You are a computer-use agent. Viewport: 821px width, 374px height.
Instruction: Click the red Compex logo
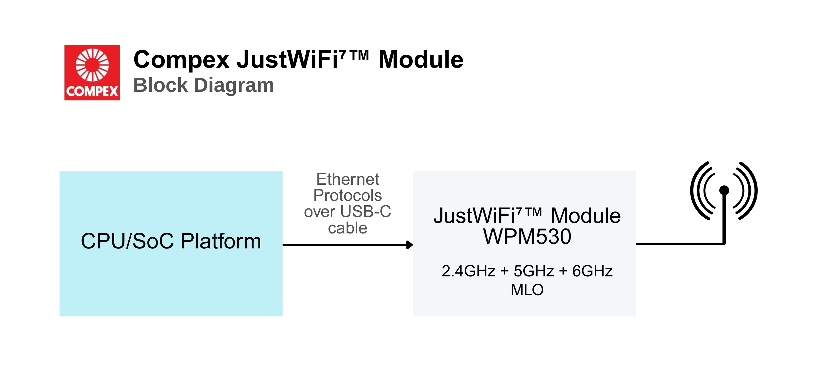[92, 73]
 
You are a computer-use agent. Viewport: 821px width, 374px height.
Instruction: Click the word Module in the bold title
[421, 60]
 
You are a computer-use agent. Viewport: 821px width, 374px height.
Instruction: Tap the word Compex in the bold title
[181, 60]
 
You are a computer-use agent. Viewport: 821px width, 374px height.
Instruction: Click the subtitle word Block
[160, 85]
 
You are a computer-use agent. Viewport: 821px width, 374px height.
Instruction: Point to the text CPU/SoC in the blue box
[127, 241]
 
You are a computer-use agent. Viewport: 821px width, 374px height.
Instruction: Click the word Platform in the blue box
[221, 241]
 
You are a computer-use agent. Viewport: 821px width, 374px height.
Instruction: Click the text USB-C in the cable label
[365, 212]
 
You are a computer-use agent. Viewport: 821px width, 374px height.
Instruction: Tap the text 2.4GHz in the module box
[468, 271]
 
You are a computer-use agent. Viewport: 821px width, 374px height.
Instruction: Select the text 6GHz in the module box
[592, 271]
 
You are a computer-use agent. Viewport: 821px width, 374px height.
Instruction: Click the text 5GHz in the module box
[534, 271]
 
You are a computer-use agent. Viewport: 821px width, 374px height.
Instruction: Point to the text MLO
[527, 290]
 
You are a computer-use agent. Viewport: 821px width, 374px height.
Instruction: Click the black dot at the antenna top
[724, 190]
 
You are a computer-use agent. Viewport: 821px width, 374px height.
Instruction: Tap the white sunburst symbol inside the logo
[92, 65]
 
